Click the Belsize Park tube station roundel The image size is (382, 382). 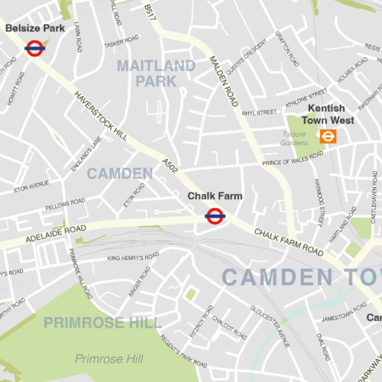[34, 48]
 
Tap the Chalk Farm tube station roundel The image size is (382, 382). [215, 216]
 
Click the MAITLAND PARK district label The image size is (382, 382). [157, 73]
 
